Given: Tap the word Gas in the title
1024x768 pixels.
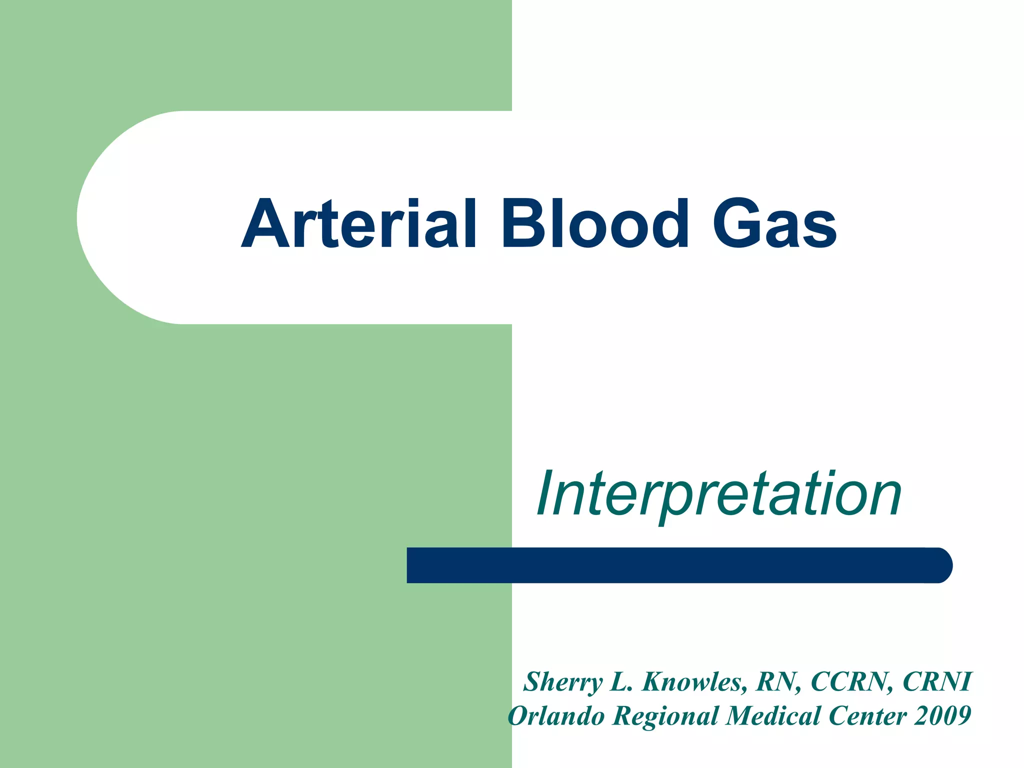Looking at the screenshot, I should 774,223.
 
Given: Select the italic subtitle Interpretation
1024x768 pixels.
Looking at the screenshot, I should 719,494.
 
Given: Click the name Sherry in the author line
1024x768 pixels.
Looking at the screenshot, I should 563,682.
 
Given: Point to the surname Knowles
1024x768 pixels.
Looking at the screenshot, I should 695,682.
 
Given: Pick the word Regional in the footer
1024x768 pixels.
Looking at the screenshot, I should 665,716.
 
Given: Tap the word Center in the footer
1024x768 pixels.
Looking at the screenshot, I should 867,716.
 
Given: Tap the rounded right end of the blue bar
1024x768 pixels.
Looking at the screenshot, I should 940,565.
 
